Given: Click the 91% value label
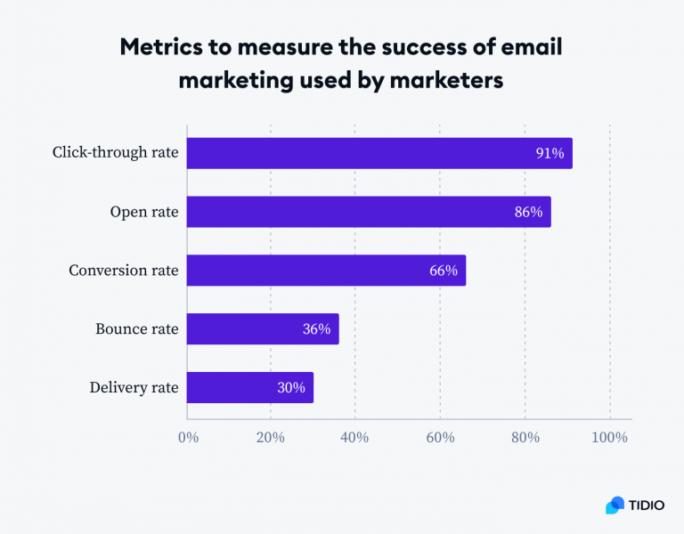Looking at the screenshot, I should (550, 153).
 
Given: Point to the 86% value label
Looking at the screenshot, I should (528, 212).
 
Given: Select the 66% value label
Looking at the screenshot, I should (443, 271).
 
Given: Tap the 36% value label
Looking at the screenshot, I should (316, 328).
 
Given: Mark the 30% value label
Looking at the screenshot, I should (290, 387).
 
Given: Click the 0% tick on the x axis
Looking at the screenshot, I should (188, 438).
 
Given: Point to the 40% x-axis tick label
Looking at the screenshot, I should (355, 438).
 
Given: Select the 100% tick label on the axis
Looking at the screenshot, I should (609, 438).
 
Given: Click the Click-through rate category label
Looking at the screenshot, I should (115, 153).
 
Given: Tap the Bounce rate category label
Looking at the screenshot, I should (137, 328).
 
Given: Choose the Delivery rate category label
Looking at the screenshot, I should (134, 387).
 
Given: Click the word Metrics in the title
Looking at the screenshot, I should (163, 49).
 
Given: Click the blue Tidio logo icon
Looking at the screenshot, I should (615, 505).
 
